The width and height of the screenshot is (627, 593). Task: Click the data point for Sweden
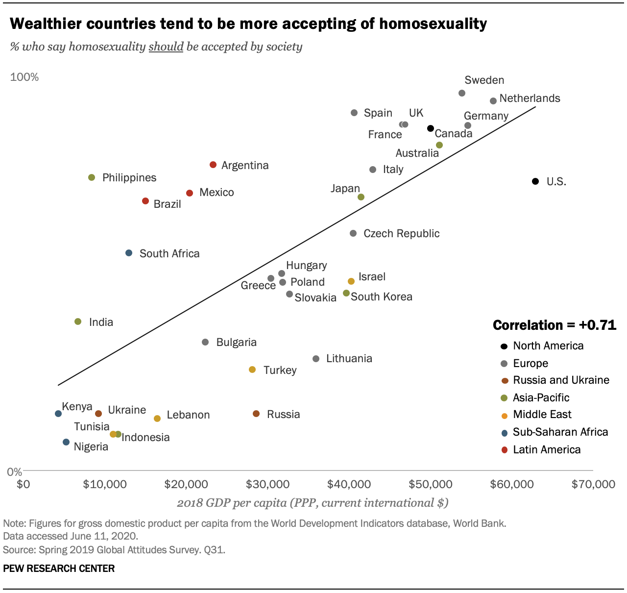pyautogui.click(x=461, y=93)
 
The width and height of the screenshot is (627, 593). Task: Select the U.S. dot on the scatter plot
pyautogui.click(x=535, y=181)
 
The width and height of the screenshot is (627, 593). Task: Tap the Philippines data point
pyautogui.click(x=92, y=177)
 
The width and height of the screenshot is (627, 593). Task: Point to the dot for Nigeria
pyautogui.click(x=66, y=442)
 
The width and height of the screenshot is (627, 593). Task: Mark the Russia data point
pyautogui.click(x=256, y=414)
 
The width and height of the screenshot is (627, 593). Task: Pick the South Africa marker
pyautogui.click(x=129, y=253)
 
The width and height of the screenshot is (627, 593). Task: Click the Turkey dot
pyautogui.click(x=252, y=370)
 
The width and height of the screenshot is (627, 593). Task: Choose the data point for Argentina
pyautogui.click(x=213, y=165)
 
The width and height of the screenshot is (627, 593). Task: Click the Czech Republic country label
pyautogui.click(x=401, y=233)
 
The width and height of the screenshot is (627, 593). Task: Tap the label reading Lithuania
pyautogui.click(x=349, y=358)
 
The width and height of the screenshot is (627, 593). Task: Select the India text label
pyautogui.click(x=101, y=322)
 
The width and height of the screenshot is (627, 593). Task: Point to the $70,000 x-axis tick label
pyautogui.click(x=593, y=484)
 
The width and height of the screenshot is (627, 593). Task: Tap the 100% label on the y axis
pyautogui.click(x=24, y=77)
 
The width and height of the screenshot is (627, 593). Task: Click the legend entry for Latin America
pyautogui.click(x=547, y=449)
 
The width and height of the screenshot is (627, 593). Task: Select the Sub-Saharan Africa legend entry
pyautogui.click(x=560, y=432)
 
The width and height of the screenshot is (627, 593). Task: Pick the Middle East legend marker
pyautogui.click(x=504, y=415)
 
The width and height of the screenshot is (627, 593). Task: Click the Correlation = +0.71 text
pyautogui.click(x=554, y=325)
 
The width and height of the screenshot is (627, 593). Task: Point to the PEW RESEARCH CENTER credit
pyautogui.click(x=59, y=568)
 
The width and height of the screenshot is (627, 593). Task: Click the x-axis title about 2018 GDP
pyautogui.click(x=313, y=503)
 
